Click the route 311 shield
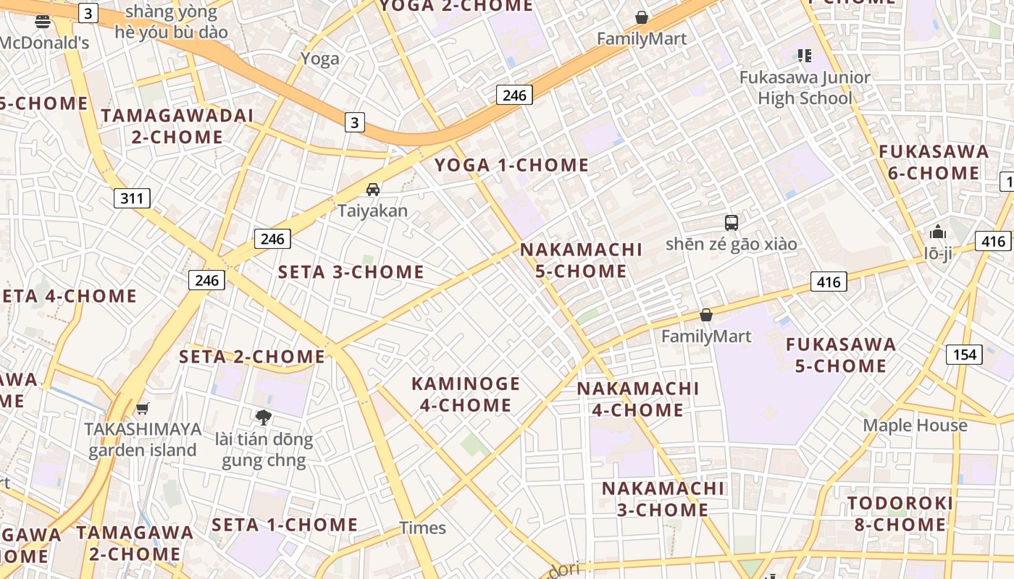click(132, 198)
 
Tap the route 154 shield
click(964, 355)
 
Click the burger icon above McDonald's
click(42, 22)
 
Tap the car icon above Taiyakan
click(373, 190)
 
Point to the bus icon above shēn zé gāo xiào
click(732, 222)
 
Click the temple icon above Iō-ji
click(938, 232)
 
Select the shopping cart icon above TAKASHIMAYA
click(143, 408)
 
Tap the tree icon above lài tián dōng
click(264, 417)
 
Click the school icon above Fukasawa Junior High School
click(804, 55)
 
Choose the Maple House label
click(915, 426)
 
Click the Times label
click(423, 528)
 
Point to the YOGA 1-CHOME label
click(511, 165)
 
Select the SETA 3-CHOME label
click(351, 272)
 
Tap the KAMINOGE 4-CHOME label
click(466, 394)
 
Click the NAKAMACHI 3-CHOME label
click(663, 499)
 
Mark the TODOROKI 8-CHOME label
click(900, 514)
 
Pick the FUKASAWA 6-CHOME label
click(934, 162)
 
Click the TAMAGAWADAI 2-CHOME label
click(177, 126)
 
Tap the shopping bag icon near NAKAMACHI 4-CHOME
click(706, 315)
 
